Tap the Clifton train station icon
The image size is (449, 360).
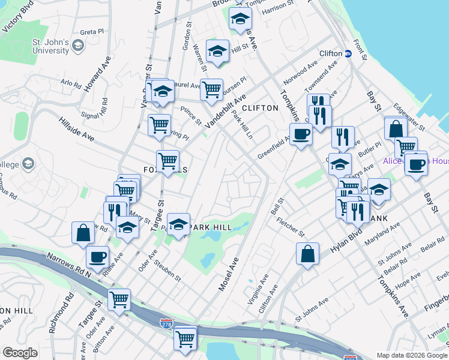348,53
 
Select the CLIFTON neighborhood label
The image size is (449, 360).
261,108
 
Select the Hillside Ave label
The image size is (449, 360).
76,128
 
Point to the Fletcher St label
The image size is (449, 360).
291,226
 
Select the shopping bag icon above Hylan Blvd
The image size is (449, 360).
307,253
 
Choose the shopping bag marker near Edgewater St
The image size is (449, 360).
396,128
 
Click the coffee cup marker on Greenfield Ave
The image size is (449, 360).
301,134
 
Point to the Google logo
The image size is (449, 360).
20,353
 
